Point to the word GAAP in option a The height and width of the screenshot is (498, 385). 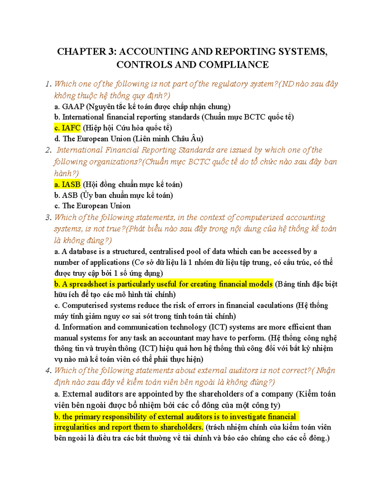pyautogui.click(x=73, y=106)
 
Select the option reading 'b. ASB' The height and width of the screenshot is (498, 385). pyautogui.click(x=66, y=195)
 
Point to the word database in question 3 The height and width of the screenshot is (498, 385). pyautogui.click(x=83, y=251)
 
